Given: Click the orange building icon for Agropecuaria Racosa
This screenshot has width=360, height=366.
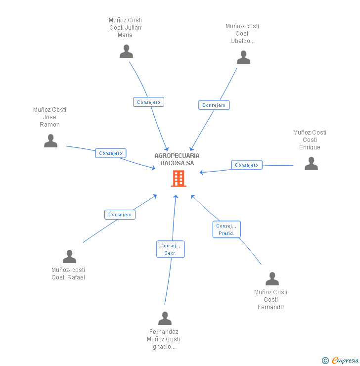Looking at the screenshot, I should coord(178,179).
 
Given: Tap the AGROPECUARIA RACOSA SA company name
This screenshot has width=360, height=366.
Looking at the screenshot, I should coord(177,159).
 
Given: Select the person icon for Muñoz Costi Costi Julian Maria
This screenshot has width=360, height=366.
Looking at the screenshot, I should coord(126,51).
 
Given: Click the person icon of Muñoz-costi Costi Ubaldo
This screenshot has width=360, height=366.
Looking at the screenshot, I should coord(243,57).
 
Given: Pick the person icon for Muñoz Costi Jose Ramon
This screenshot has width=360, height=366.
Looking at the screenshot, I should coord(50,141).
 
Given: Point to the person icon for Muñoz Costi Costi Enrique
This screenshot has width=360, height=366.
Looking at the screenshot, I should coord(311,164).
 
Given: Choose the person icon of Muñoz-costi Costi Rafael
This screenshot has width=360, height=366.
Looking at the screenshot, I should coord(69,257).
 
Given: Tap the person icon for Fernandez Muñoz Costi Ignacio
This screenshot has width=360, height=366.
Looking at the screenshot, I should coord(165,319).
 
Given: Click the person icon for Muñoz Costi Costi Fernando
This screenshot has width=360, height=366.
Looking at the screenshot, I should coord(272,279).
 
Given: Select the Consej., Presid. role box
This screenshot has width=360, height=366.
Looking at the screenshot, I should coord(226,229).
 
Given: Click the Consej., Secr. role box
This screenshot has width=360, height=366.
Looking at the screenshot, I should coord(171,249).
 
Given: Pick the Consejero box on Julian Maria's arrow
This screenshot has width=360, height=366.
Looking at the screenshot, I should coord(148,102).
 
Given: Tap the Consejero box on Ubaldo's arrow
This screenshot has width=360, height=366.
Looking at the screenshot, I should coord(214,105).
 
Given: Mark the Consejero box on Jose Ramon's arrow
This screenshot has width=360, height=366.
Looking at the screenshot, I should coord(110,153).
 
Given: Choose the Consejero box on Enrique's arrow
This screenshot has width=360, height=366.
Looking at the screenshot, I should coord(246,165).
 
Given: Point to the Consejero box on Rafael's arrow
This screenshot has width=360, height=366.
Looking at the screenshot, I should coord(120,215).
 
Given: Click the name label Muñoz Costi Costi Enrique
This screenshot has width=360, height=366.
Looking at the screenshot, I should coord(310,140).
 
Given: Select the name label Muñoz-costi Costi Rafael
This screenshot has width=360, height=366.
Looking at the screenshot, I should coord(68,274).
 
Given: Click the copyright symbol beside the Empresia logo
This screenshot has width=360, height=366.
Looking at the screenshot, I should coord(325,361).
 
